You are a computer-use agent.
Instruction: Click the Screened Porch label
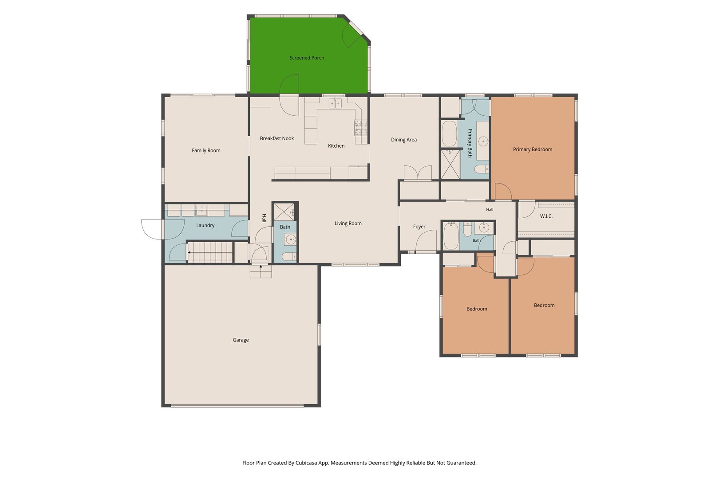click(x=307, y=58)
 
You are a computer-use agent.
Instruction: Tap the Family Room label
click(x=206, y=150)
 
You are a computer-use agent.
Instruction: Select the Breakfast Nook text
click(x=277, y=138)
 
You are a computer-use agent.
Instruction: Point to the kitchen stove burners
click(x=360, y=128)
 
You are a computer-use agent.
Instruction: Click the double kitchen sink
click(x=335, y=103)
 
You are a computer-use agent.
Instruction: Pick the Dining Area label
click(x=404, y=140)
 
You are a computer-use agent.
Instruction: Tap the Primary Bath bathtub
click(x=449, y=134)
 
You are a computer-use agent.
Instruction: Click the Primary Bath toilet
click(x=482, y=169)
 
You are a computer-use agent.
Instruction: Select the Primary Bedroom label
click(x=533, y=149)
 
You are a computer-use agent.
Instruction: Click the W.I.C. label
click(x=546, y=216)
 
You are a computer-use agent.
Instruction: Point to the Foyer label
click(x=419, y=227)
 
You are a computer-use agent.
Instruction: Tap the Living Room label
click(x=348, y=223)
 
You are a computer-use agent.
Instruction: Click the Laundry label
click(x=205, y=225)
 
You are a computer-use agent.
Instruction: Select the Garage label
click(x=241, y=340)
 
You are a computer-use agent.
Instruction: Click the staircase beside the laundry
click(x=210, y=252)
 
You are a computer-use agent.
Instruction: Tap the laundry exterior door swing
click(x=152, y=229)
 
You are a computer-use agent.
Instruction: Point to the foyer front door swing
click(x=426, y=241)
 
